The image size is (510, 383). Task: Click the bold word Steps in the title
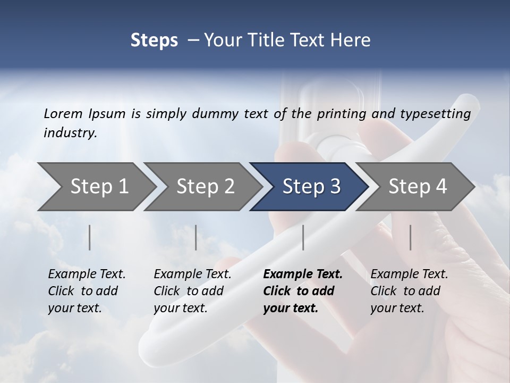(154, 40)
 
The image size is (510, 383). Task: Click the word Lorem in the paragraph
(63, 113)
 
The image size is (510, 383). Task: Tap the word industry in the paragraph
(70, 133)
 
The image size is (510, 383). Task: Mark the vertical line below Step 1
(90, 237)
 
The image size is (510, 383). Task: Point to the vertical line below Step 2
(196, 237)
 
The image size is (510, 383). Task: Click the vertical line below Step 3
(303, 237)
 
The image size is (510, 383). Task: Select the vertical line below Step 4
(411, 237)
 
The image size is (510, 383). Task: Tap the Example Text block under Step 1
(87, 291)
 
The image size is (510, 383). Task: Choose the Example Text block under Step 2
(192, 291)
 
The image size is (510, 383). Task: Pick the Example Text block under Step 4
(409, 291)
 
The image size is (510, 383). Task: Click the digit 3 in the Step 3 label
(335, 187)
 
